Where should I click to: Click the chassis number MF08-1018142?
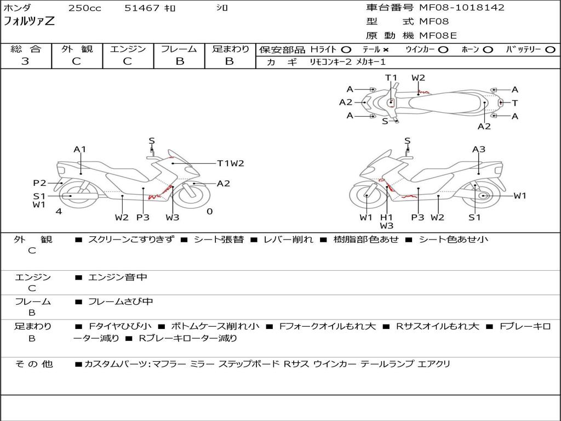click(x=461, y=8)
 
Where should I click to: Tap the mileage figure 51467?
click(x=142, y=8)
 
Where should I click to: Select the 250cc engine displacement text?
click(x=85, y=8)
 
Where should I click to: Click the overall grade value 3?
click(x=25, y=61)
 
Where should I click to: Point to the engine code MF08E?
click(x=438, y=36)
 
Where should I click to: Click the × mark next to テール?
click(x=385, y=50)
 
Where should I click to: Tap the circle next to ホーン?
click(x=487, y=50)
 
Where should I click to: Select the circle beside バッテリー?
click(x=550, y=50)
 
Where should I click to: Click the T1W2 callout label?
click(x=231, y=163)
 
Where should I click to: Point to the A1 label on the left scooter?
click(x=80, y=149)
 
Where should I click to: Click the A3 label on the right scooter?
click(x=479, y=149)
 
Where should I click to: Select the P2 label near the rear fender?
click(x=39, y=183)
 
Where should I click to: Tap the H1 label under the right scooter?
click(x=386, y=217)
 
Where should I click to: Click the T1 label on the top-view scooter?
click(x=391, y=78)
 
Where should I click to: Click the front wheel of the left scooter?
click(x=194, y=195)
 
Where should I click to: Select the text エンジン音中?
click(x=117, y=277)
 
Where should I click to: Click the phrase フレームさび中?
click(x=121, y=302)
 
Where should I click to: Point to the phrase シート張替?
click(x=219, y=240)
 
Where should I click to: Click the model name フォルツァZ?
click(x=29, y=21)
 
